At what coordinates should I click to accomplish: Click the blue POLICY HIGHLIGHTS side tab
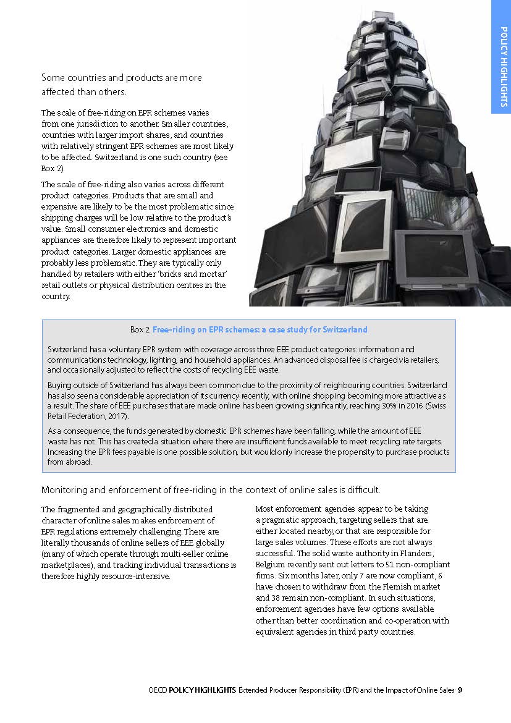(501, 57)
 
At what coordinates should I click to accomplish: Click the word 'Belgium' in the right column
(270, 564)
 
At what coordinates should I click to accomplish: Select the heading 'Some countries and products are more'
(121, 78)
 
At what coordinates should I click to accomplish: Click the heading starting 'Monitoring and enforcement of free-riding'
(210, 489)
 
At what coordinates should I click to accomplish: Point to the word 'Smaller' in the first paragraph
(189, 124)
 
